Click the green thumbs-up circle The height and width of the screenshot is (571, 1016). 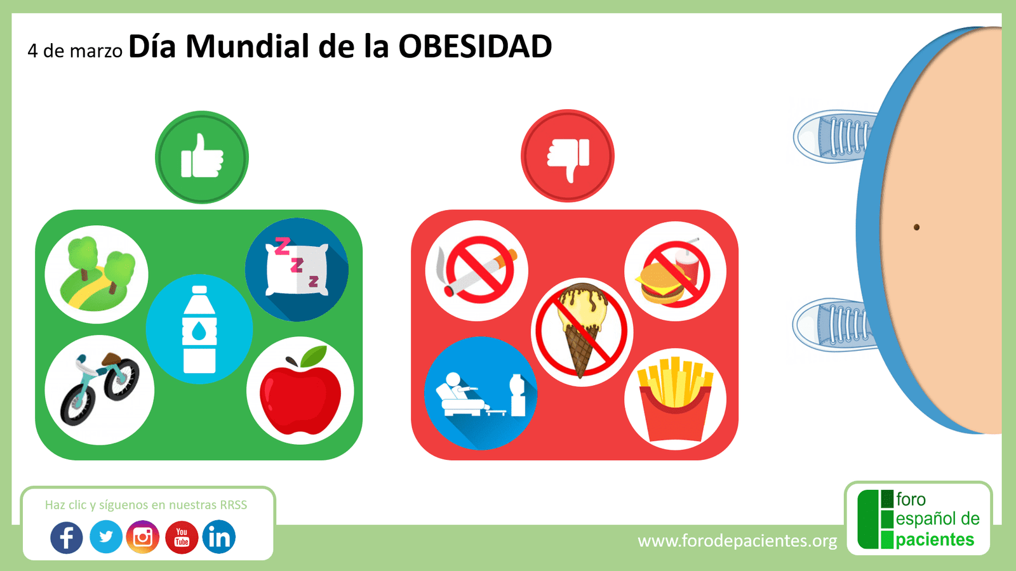(x=202, y=157)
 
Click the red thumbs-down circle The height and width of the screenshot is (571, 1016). (x=568, y=156)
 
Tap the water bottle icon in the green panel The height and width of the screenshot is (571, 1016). (x=199, y=329)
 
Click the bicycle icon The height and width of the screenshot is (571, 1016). (x=100, y=390)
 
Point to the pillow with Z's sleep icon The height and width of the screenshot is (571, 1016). (x=297, y=270)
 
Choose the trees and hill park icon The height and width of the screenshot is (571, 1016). (x=97, y=274)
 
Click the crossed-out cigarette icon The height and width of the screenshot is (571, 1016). (x=477, y=271)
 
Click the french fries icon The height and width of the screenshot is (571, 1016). (x=675, y=398)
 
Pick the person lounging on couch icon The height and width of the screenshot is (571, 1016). (x=481, y=393)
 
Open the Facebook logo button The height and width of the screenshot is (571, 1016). (x=67, y=537)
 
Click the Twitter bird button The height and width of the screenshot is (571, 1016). (x=105, y=537)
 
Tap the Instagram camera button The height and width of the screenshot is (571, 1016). (x=143, y=537)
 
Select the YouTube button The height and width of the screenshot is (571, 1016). (x=182, y=537)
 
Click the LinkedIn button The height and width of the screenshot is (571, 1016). (x=219, y=537)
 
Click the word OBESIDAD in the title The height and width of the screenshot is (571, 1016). (x=475, y=47)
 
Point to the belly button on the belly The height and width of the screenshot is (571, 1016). (x=916, y=227)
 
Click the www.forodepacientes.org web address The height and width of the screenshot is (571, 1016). (x=737, y=541)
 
